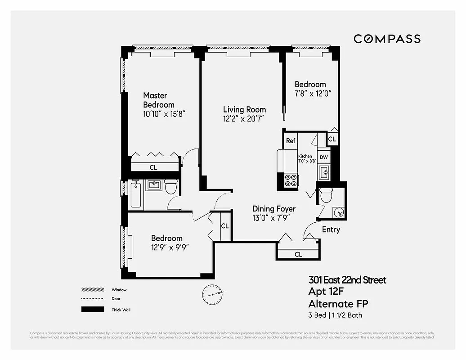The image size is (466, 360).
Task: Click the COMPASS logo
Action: pos(387,39)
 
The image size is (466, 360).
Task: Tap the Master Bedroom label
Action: pos(158,100)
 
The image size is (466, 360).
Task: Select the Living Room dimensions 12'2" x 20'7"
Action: pos(243,119)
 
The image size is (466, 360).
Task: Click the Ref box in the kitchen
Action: pos(291,141)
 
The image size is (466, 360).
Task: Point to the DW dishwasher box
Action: pos(324,157)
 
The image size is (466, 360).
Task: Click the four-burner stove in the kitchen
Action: pos(291,180)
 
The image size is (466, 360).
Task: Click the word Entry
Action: pos(331,230)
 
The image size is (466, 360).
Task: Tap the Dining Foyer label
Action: pos(274,209)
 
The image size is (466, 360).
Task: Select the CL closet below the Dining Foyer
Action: pos(298,254)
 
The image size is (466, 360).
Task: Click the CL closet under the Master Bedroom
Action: pos(153,167)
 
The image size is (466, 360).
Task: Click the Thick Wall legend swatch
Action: pos(90,310)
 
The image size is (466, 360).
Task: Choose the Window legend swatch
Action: pos(90,290)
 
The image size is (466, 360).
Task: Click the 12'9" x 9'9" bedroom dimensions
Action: pos(167,247)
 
